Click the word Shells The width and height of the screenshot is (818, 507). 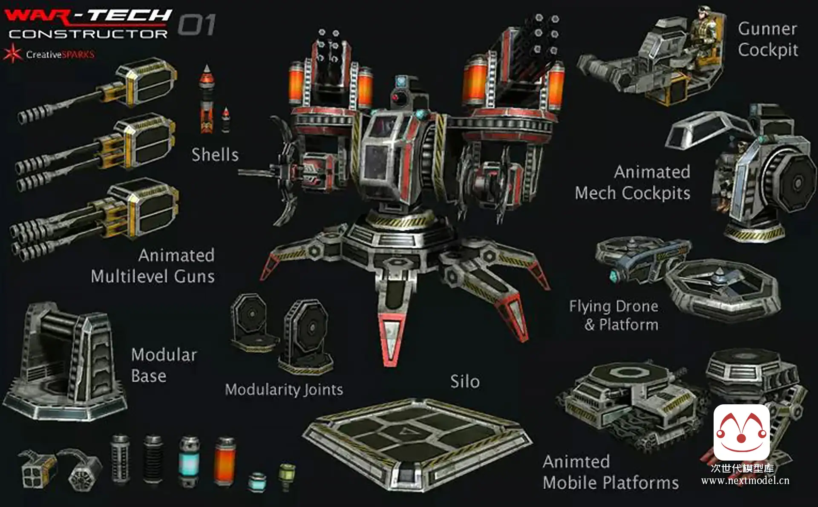tap(215, 155)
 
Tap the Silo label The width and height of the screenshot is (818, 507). tap(465, 381)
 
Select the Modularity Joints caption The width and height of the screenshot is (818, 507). tap(284, 389)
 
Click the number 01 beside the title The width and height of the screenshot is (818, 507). tap(196, 25)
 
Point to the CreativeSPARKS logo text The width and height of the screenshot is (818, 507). tap(60, 55)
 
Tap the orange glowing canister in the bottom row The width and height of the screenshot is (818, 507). tap(225, 461)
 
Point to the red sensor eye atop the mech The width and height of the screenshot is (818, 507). tap(396, 98)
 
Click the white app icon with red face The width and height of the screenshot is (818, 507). tap(741, 432)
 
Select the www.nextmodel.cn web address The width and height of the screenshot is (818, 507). tap(745, 481)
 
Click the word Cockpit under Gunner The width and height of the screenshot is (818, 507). tap(768, 50)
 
